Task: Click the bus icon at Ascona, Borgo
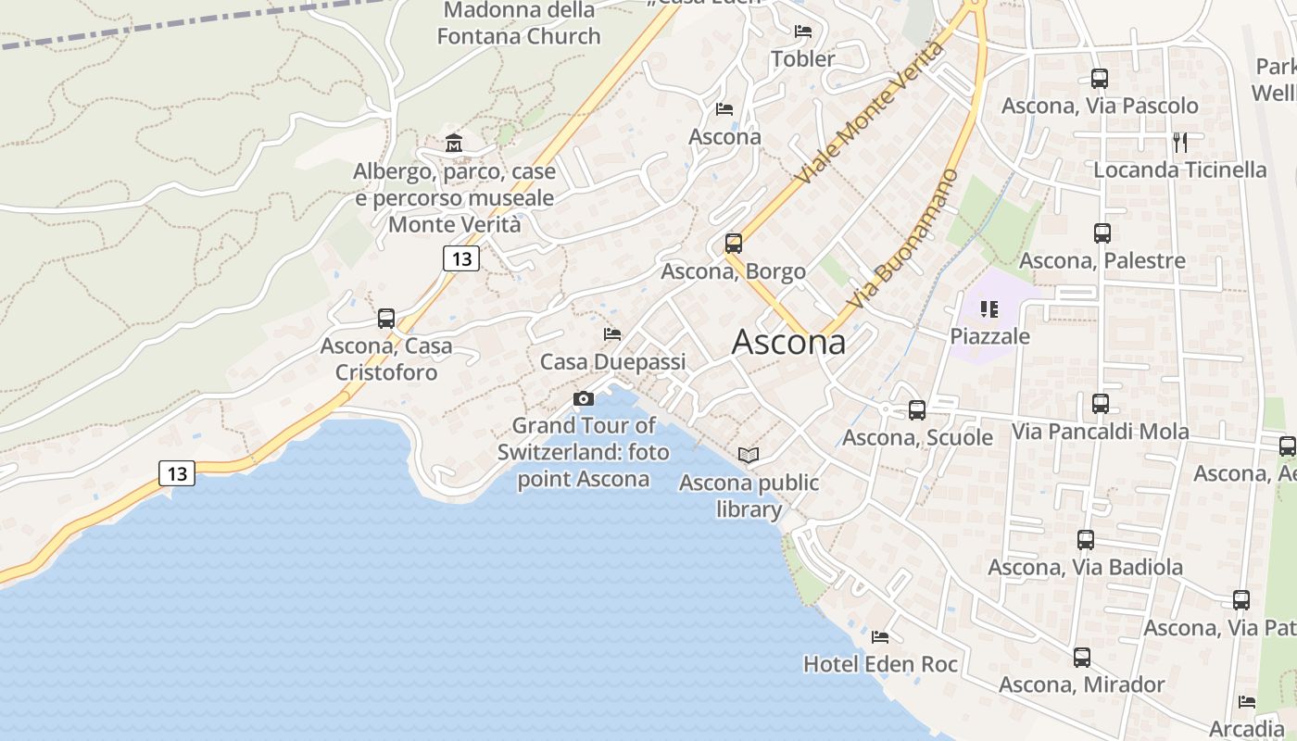[734, 244]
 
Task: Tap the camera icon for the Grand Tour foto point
[584, 398]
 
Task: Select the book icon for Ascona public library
[749, 455]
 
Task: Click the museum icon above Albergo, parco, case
[454, 143]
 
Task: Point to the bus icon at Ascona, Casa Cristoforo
[386, 319]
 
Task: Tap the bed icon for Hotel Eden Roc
[880, 636]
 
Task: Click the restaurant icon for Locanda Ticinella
[1180, 142]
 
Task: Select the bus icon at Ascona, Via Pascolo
[1100, 79]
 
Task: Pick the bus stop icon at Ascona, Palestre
[1102, 233]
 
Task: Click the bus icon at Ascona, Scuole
[917, 409]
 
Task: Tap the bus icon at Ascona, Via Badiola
[1086, 539]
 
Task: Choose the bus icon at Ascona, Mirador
[1081, 658]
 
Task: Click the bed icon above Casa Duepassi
[611, 333]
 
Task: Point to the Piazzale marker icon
[989, 308]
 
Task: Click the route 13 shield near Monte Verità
[460, 258]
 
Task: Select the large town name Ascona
[788, 343]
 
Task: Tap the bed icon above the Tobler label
[803, 31]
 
